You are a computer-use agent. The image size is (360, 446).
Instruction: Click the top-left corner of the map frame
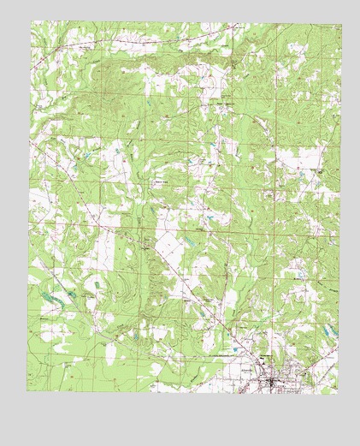31,21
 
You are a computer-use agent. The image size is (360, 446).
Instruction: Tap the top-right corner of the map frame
337,21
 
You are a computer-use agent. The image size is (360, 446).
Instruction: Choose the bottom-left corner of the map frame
27,392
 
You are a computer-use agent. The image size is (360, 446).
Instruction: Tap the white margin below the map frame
180,419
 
